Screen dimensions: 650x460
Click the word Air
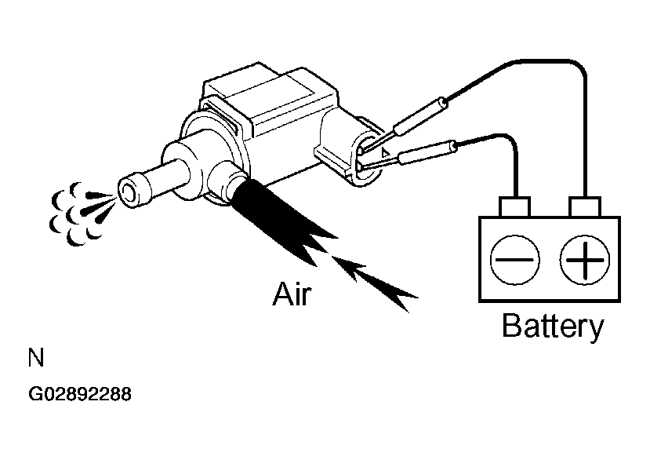(292, 294)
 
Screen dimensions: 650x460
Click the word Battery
(553, 327)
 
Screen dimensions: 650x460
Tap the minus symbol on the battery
(514, 260)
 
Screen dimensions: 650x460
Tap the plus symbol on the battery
(584, 260)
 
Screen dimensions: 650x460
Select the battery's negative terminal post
(515, 206)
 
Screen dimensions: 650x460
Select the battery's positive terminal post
(585, 206)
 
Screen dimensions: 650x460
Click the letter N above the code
(35, 358)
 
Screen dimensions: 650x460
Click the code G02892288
(80, 394)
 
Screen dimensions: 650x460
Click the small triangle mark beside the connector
(386, 152)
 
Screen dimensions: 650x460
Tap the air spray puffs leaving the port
(81, 213)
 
